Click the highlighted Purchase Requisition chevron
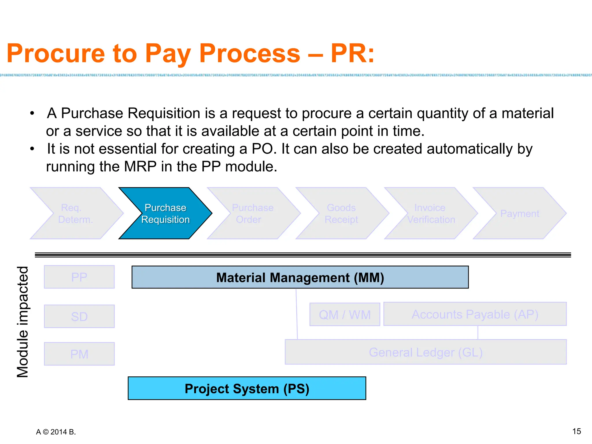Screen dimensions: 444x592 pyautogui.click(x=165, y=213)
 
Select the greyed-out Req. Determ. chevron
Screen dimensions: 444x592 pyautogui.click(x=76, y=213)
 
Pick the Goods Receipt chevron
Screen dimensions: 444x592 pyautogui.click(x=341, y=213)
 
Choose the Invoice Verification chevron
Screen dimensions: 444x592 pyautogui.click(x=430, y=213)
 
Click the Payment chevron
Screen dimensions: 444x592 pyautogui.click(x=519, y=213)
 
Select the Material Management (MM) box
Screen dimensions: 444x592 pyautogui.click(x=300, y=277)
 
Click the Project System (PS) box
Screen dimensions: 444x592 pyautogui.click(x=247, y=388)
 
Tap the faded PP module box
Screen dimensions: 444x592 pyautogui.click(x=79, y=277)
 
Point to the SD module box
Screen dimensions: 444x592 pyautogui.click(x=79, y=316)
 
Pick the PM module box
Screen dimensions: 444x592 pyautogui.click(x=79, y=354)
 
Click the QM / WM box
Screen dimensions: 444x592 pyautogui.click(x=345, y=314)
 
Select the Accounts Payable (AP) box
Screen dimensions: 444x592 pyautogui.click(x=475, y=314)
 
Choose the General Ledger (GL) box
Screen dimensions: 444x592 pyautogui.click(x=425, y=352)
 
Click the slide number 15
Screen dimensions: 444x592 pyautogui.click(x=576, y=431)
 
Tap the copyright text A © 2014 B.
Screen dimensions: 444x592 pyautogui.click(x=56, y=432)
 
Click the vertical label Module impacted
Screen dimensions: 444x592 pyautogui.click(x=23, y=321)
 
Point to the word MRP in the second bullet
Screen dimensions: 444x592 pyautogui.click(x=140, y=166)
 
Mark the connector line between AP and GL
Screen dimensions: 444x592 pyautogui.click(x=478, y=332)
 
